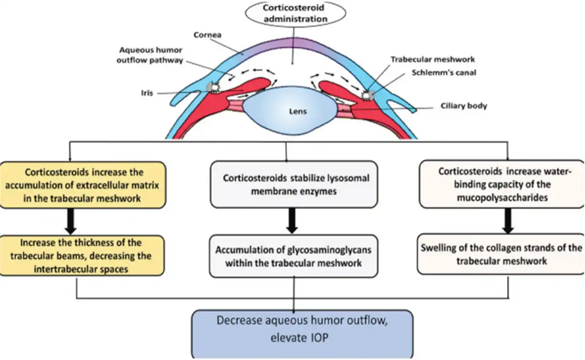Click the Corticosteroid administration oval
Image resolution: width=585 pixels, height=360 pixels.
pyautogui.click(x=295, y=14)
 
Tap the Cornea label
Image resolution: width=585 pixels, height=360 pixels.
pyautogui.click(x=207, y=35)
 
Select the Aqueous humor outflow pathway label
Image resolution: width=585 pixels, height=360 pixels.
pyautogui.click(x=150, y=55)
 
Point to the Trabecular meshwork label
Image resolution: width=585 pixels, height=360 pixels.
pyautogui.click(x=432, y=59)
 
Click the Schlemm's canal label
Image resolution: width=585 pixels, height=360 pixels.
pyautogui.click(x=444, y=72)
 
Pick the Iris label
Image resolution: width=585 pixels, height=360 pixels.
pyautogui.click(x=147, y=93)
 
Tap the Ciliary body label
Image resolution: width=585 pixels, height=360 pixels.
pyautogui.click(x=464, y=106)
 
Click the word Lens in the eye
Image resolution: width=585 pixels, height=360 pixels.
pyautogui.click(x=298, y=112)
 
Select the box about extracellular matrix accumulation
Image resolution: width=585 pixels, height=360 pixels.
pyautogui.click(x=82, y=185)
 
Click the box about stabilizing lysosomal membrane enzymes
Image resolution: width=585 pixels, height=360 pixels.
pyautogui.click(x=294, y=184)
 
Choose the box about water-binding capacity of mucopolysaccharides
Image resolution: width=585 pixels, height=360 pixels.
pyautogui.click(x=502, y=184)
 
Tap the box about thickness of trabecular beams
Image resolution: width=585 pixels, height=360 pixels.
pyautogui.click(x=81, y=256)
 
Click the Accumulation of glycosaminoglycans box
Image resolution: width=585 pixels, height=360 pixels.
pyautogui.click(x=293, y=256)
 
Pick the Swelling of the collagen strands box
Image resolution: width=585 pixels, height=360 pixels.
pyautogui.click(x=501, y=254)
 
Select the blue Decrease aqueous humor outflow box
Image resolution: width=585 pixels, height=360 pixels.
pyautogui.click(x=302, y=334)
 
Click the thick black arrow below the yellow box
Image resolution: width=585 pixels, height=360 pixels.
pyautogui.click(x=71, y=221)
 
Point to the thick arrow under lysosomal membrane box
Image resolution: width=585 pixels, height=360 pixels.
pyautogui.click(x=292, y=221)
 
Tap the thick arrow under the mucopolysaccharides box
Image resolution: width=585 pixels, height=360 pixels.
pyautogui.click(x=508, y=221)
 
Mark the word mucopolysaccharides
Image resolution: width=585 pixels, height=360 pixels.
pyautogui.click(x=502, y=198)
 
